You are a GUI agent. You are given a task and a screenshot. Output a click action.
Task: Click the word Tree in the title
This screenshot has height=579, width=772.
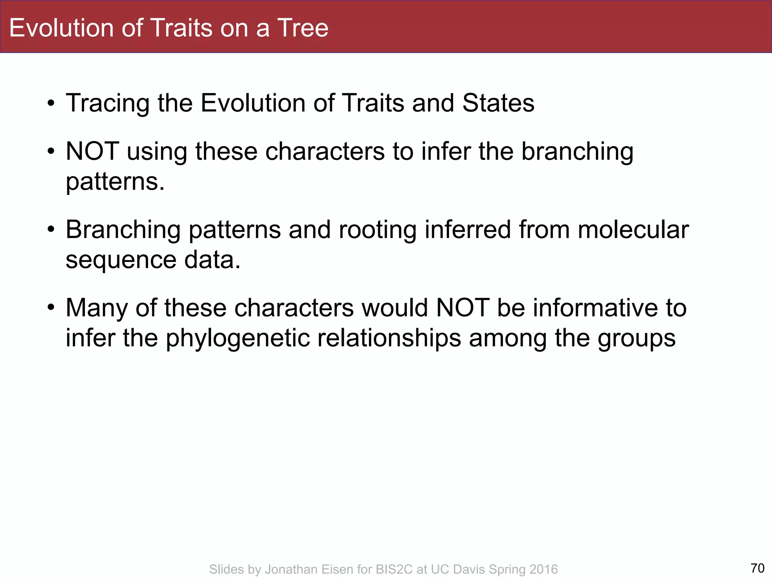[x=303, y=28]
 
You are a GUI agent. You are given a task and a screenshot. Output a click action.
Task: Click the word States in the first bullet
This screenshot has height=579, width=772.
[x=498, y=103]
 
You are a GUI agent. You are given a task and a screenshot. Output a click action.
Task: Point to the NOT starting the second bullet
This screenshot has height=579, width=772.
[x=92, y=151]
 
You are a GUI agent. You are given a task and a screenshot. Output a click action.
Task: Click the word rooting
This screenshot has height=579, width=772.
[x=378, y=230]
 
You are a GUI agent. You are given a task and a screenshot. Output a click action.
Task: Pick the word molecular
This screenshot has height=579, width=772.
[x=633, y=230]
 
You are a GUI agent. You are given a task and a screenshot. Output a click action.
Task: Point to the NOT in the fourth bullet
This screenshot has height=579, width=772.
[x=463, y=308]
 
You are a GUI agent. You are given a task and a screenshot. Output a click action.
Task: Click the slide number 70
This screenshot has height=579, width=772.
[x=757, y=568]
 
